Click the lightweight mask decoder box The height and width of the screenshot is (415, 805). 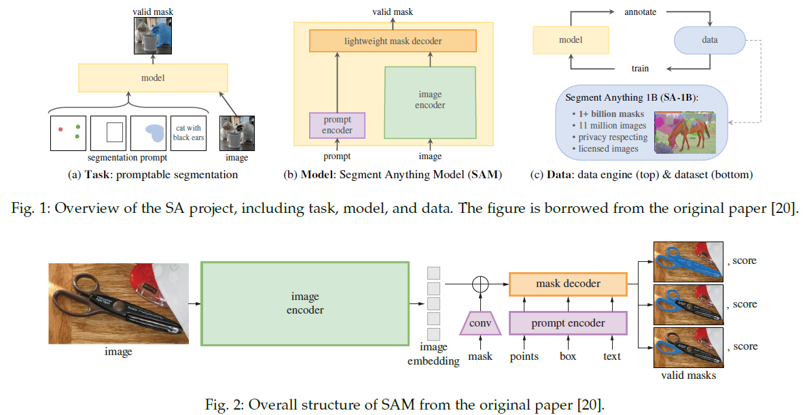393,41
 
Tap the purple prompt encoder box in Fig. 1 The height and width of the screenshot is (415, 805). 337,125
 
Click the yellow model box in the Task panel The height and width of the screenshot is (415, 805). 153,78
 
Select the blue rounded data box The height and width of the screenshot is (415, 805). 709,40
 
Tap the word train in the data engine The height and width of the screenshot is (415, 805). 640,68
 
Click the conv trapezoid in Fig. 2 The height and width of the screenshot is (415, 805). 480,323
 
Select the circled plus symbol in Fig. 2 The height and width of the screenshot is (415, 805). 480,284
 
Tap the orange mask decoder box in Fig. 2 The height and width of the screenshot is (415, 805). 568,284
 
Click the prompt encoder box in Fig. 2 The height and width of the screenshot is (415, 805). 568,323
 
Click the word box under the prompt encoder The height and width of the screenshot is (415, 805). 567,356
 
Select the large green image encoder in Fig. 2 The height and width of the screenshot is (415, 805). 304,303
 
